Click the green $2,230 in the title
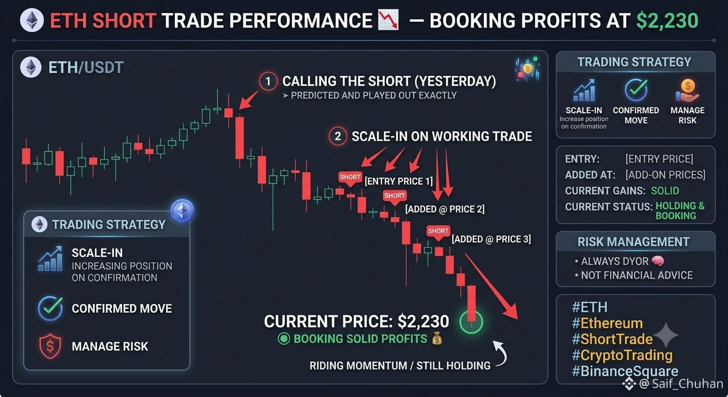click(x=667, y=21)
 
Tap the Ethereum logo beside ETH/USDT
click(x=31, y=67)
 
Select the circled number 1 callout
click(x=268, y=81)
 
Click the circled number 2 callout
click(x=338, y=136)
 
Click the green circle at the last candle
click(x=471, y=322)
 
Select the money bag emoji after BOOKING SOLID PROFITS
click(x=437, y=339)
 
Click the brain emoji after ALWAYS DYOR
click(x=658, y=261)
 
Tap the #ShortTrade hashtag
click(x=612, y=339)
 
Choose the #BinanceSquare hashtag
click(x=625, y=371)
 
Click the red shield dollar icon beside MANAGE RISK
click(x=50, y=346)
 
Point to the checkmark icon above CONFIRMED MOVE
click(x=636, y=89)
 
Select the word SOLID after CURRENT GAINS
click(x=665, y=191)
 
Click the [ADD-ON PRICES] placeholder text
click(x=665, y=175)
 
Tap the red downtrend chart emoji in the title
click(x=388, y=20)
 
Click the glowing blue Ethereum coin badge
click(x=183, y=211)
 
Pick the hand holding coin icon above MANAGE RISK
click(x=687, y=90)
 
